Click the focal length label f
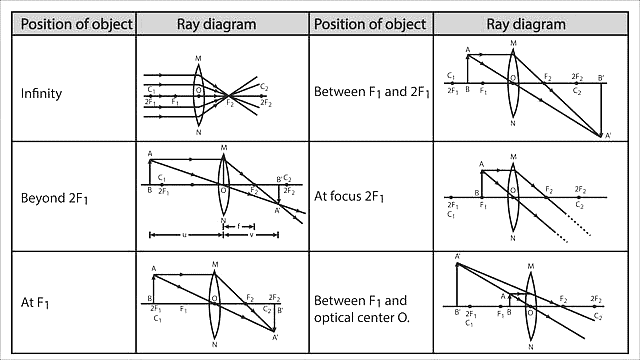click(x=238, y=226)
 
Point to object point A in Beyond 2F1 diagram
click(x=150, y=154)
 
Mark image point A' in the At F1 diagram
click(x=274, y=337)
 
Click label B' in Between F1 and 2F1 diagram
click(x=601, y=77)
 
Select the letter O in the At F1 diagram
click(x=213, y=297)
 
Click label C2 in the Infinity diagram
click(x=264, y=87)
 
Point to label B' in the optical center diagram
click(x=457, y=313)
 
